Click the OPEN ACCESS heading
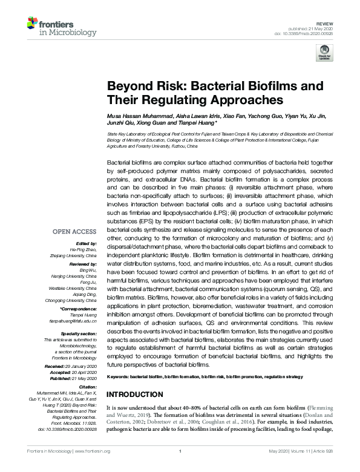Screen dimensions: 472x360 [75, 232]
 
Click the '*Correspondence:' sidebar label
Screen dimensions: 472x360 [79, 309]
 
